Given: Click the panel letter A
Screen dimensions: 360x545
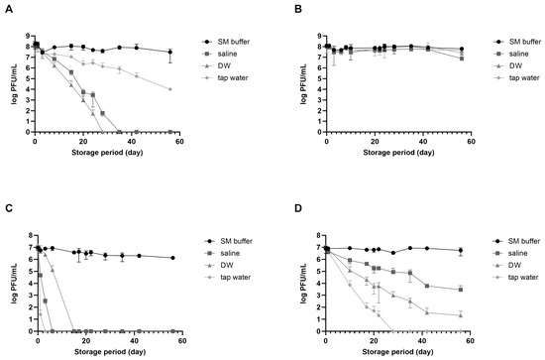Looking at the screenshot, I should [x=7, y=6].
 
